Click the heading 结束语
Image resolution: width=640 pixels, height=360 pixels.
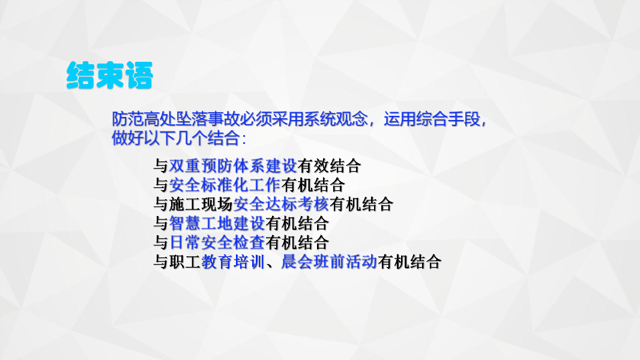point(110,76)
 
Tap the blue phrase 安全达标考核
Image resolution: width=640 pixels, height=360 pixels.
point(281,204)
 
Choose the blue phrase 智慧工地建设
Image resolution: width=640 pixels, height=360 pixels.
point(217,224)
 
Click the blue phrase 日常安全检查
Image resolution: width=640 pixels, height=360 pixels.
point(217,243)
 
